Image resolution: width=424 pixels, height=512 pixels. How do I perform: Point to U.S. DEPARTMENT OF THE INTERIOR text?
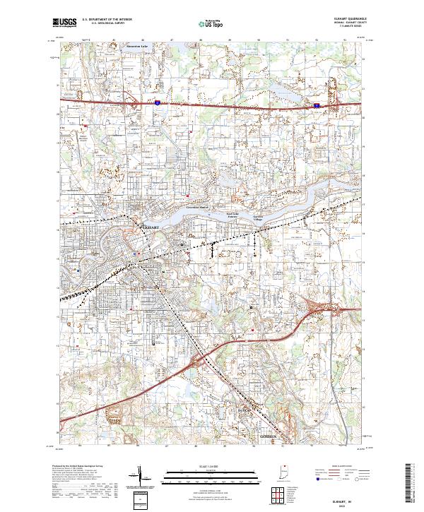[x=106, y=20]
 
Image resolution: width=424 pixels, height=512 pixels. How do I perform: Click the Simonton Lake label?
[x=136, y=47]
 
